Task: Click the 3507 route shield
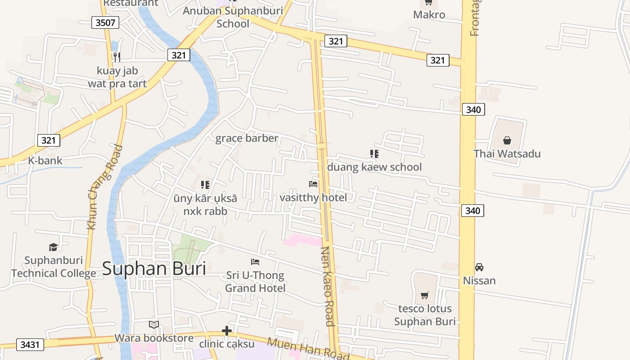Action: pyautogui.click(x=105, y=22)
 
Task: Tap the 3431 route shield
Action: pyautogui.click(x=30, y=345)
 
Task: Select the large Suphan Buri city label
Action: pyautogui.click(x=154, y=269)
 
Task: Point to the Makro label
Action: pyautogui.click(x=429, y=15)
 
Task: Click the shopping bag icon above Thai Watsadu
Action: pyautogui.click(x=507, y=140)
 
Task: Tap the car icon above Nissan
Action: pyautogui.click(x=479, y=267)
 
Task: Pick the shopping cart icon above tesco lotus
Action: pyautogui.click(x=424, y=295)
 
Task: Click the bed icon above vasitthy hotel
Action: pyautogui.click(x=313, y=184)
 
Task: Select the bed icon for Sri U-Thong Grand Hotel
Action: pyautogui.click(x=255, y=261)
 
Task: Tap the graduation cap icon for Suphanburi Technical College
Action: pyautogui.click(x=54, y=247)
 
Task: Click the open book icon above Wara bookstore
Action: pyautogui.click(x=154, y=324)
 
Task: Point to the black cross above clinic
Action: pyautogui.click(x=227, y=331)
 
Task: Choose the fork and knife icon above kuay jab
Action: pyautogui.click(x=117, y=57)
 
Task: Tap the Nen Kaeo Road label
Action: pyautogui.click(x=327, y=286)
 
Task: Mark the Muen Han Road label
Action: pyautogui.click(x=308, y=348)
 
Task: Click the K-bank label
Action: pyautogui.click(x=45, y=161)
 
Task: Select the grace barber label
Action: pyautogui.click(x=247, y=138)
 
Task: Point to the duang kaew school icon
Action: pyautogui.click(x=374, y=154)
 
